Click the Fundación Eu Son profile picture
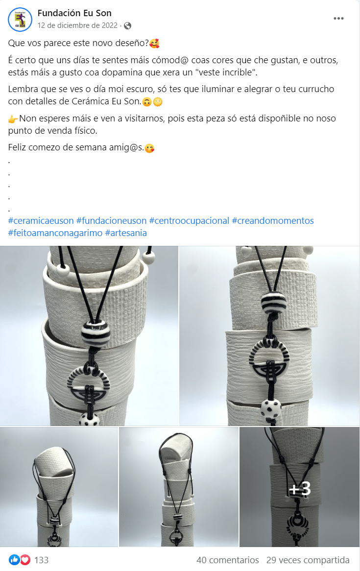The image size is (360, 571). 20,20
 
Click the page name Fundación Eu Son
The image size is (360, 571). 74,13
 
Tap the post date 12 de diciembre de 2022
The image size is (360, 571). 77,25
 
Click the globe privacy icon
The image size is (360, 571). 127,25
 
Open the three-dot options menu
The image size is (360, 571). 338,18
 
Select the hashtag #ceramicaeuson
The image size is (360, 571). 41,221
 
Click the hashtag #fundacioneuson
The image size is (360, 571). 112,221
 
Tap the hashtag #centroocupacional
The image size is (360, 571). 189,221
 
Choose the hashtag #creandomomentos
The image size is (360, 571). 273,221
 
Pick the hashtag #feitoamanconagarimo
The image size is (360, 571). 55,233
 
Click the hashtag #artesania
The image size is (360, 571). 126,233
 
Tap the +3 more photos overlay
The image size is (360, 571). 300,488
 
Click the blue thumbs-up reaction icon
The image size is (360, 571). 14,560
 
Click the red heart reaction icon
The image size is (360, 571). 25,560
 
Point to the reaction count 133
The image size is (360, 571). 42,560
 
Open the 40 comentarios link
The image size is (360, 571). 228,560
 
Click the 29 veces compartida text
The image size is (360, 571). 308,560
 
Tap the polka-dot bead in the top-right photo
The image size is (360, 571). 271,408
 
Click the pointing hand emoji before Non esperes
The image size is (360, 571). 13,119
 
